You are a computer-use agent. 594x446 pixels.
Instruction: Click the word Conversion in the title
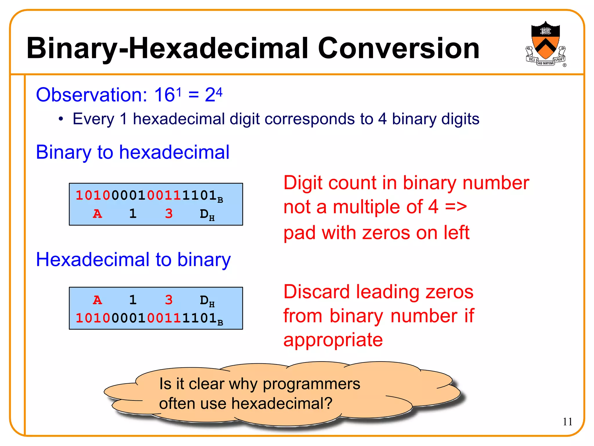tap(399, 48)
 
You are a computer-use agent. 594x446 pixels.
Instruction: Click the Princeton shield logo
tap(545, 44)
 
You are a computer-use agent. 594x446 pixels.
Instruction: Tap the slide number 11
tap(568, 422)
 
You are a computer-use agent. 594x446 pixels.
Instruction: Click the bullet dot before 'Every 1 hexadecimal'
tap(61, 119)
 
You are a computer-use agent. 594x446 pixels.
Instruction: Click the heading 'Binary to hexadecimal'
tap(133, 152)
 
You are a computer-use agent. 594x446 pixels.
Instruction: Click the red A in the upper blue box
tap(97, 214)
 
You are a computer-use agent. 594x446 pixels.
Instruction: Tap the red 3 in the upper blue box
tap(169, 214)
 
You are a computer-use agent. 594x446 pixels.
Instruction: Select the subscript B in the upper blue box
tap(220, 200)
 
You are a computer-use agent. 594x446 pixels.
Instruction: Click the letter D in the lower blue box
tap(204, 300)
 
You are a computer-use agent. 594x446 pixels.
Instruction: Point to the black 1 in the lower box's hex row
tap(133, 300)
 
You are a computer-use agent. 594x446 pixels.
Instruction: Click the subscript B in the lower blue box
tap(220, 323)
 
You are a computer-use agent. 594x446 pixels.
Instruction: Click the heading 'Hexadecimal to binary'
tap(133, 259)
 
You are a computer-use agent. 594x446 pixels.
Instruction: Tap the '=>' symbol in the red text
tap(456, 207)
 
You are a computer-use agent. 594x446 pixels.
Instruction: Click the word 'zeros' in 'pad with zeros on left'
tap(386, 233)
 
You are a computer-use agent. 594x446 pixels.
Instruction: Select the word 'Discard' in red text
tap(316, 292)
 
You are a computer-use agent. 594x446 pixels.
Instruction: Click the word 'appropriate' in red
tap(333, 340)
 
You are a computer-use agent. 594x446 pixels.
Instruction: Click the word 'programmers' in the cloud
tap(311, 384)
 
